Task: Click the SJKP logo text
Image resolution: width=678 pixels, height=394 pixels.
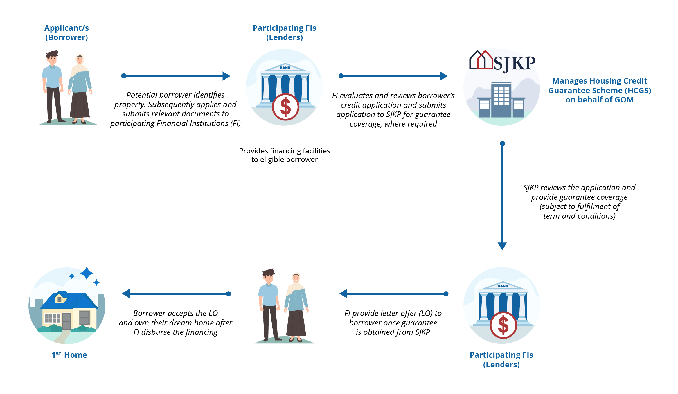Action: (x=514, y=63)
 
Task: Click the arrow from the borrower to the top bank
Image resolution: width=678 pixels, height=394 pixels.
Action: (x=175, y=76)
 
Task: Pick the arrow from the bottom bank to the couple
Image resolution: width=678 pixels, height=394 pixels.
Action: (x=393, y=294)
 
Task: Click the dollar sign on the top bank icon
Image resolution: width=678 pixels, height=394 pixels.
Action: (x=285, y=107)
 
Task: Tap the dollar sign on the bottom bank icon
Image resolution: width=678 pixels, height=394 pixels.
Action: (x=503, y=325)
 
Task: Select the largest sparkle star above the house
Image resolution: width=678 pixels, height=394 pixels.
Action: (x=87, y=273)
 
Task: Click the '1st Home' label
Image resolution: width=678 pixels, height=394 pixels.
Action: (x=69, y=355)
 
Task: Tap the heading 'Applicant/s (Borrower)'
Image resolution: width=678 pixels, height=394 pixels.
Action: (x=66, y=33)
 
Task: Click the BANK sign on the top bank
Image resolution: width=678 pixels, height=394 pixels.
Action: (x=285, y=68)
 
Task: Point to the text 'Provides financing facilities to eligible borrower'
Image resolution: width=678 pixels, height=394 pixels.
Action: (x=284, y=155)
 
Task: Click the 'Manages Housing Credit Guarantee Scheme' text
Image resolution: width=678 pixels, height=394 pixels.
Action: (x=599, y=90)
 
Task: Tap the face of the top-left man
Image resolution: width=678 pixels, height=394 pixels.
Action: (x=52, y=59)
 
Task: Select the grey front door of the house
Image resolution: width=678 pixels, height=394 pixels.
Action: (x=66, y=321)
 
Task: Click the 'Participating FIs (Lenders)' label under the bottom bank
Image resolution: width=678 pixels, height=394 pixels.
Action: (x=501, y=359)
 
